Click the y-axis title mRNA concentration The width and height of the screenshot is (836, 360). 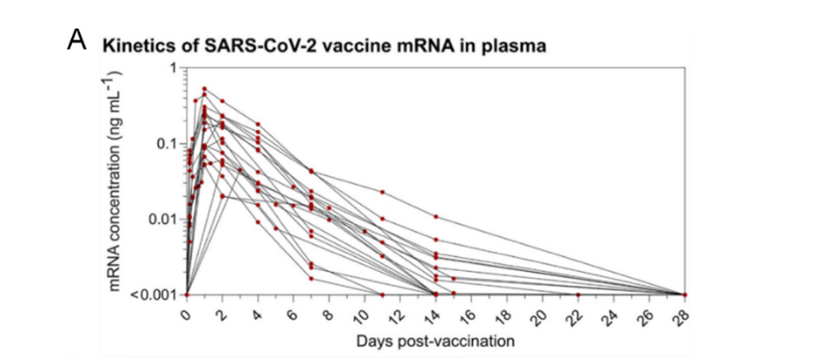pos(116,181)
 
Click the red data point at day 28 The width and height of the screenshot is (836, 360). pos(685,294)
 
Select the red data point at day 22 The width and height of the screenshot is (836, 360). pos(578,294)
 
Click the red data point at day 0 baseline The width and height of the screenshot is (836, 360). pos(187,294)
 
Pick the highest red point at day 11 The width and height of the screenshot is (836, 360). pos(382,192)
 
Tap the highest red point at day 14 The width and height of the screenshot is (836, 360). pos(436,216)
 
